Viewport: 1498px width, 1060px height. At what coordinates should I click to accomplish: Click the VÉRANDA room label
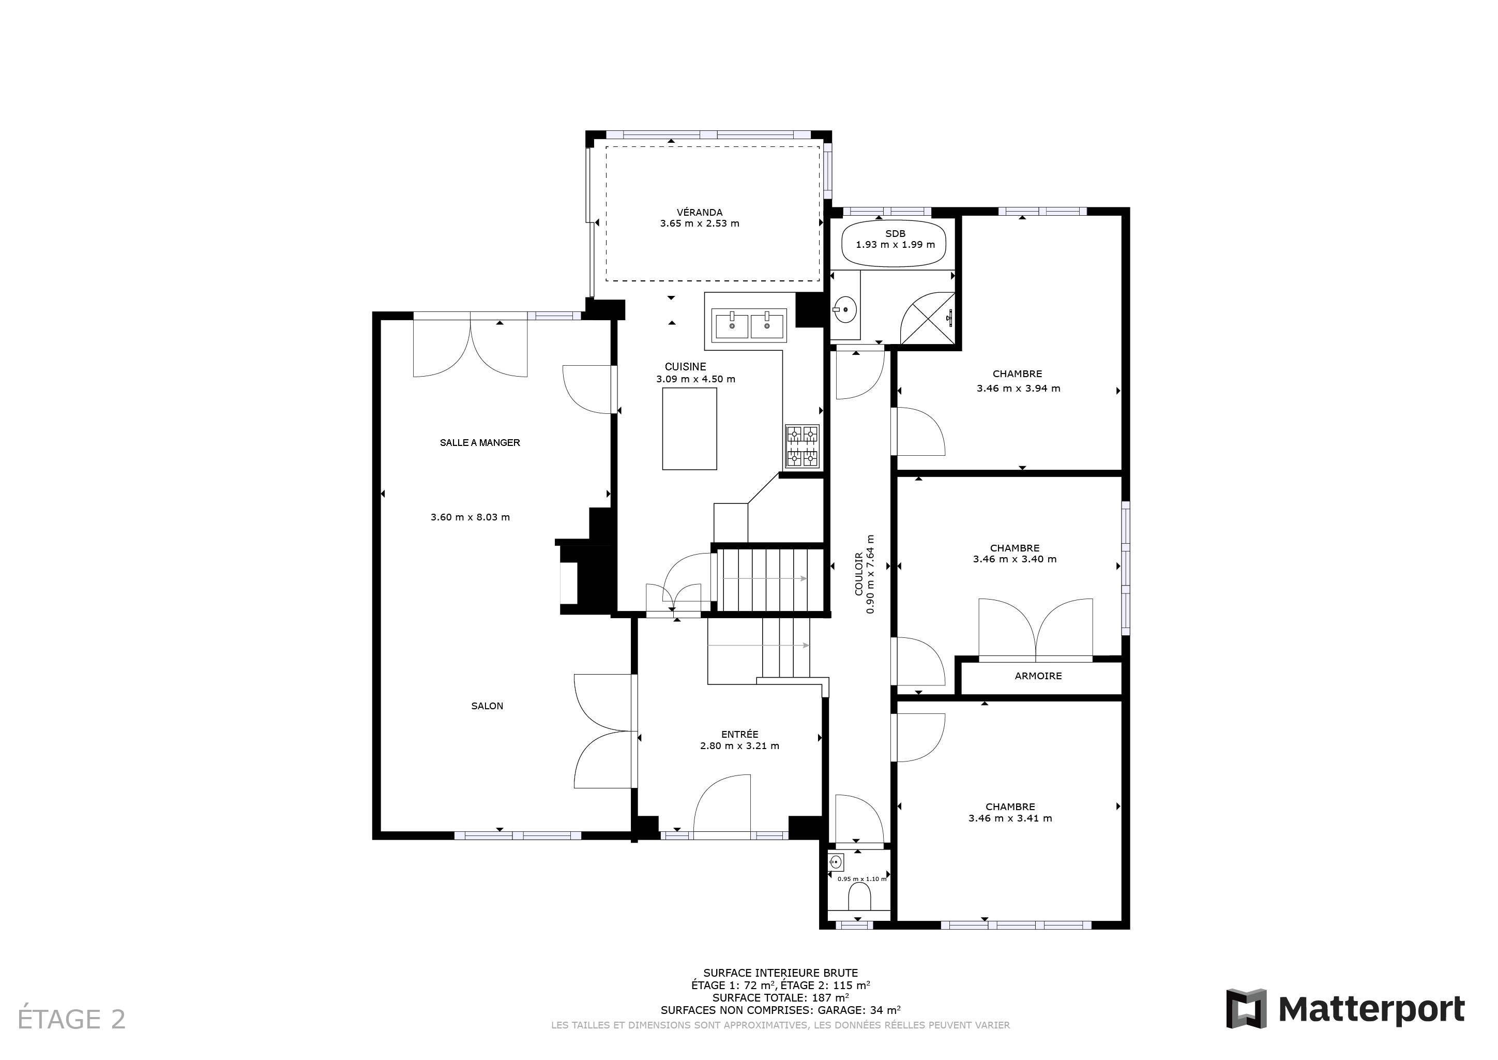tap(700, 212)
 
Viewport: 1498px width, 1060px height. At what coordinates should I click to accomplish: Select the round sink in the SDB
tap(845, 309)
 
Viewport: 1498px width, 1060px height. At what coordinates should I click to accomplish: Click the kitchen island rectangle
tap(689, 429)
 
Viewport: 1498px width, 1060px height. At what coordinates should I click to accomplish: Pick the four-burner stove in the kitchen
tap(803, 447)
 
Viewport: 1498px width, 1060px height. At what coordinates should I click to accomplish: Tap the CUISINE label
tap(685, 367)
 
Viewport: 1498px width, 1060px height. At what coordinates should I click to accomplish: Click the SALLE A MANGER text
tap(479, 442)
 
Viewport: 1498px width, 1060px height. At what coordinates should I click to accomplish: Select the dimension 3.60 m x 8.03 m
tap(470, 517)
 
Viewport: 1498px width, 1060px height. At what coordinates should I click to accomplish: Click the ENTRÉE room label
tap(740, 734)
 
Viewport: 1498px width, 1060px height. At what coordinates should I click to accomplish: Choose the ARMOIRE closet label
tap(1038, 676)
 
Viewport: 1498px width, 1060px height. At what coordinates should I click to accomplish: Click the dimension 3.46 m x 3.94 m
tap(1018, 389)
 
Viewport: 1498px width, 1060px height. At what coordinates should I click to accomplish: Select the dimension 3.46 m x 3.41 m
tap(1010, 818)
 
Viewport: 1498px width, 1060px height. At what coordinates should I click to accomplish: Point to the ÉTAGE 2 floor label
tap(71, 1020)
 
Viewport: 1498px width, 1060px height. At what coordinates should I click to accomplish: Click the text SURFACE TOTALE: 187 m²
tap(780, 997)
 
